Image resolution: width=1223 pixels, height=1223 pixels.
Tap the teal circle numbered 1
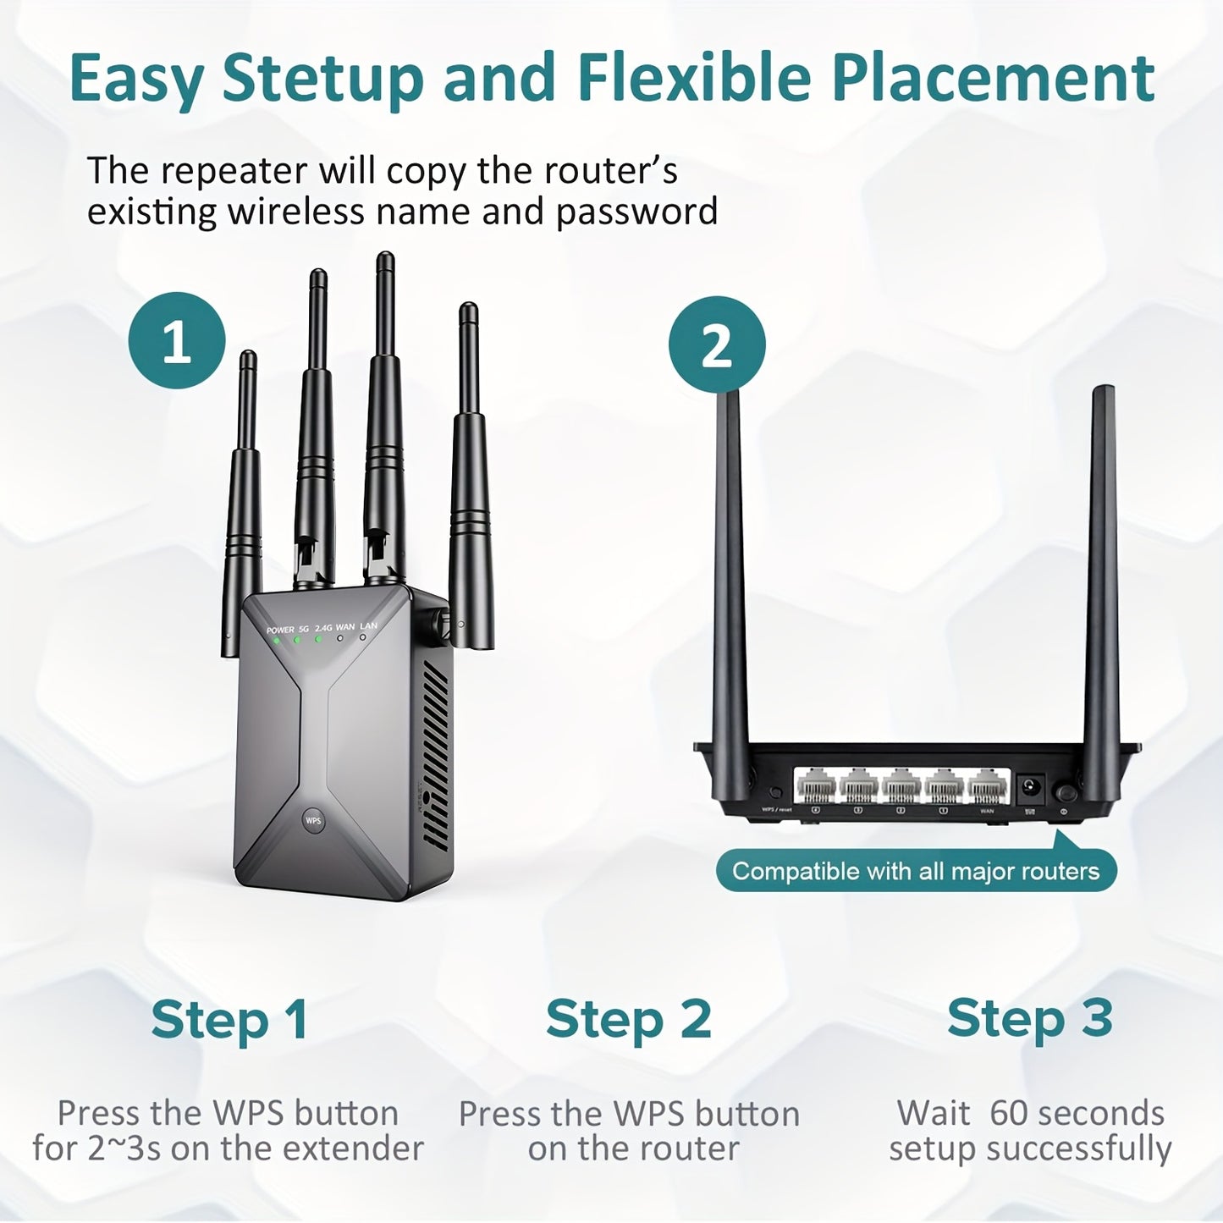click(x=177, y=341)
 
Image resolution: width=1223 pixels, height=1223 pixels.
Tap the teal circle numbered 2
click(x=717, y=344)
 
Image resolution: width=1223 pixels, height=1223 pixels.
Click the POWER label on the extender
click(x=280, y=630)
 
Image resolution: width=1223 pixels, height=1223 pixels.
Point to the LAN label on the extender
click(x=368, y=626)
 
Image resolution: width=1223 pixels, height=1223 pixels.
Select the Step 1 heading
click(x=229, y=1019)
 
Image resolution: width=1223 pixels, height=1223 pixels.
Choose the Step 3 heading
click(x=1029, y=1017)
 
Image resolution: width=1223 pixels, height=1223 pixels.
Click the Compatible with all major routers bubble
click(x=916, y=871)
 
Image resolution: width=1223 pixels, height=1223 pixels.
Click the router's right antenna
click(x=1102, y=567)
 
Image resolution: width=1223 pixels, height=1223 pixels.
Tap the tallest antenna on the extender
click(x=385, y=406)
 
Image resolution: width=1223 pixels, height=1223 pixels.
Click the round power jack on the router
click(x=1032, y=789)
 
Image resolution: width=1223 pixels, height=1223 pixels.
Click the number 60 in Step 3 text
click(x=1008, y=1113)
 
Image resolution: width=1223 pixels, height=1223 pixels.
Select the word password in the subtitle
click(x=636, y=212)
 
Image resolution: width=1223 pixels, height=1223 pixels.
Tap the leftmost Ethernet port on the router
click(x=816, y=787)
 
